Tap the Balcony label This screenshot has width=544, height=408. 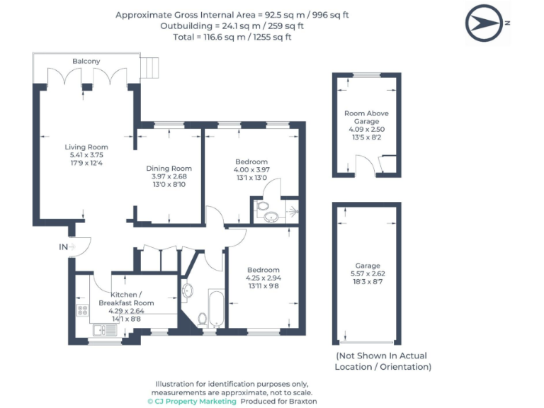pyautogui.click(x=86, y=62)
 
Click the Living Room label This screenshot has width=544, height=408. pyautogui.click(x=83, y=147)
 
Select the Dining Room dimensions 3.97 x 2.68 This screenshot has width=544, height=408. pyautogui.click(x=169, y=176)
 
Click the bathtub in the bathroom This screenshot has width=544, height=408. pyautogui.click(x=215, y=307)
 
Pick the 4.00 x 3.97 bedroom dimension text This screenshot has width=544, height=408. pyautogui.click(x=251, y=170)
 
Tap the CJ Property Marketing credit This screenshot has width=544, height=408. pyautogui.click(x=192, y=401)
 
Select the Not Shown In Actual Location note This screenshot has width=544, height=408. pyautogui.click(x=382, y=361)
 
